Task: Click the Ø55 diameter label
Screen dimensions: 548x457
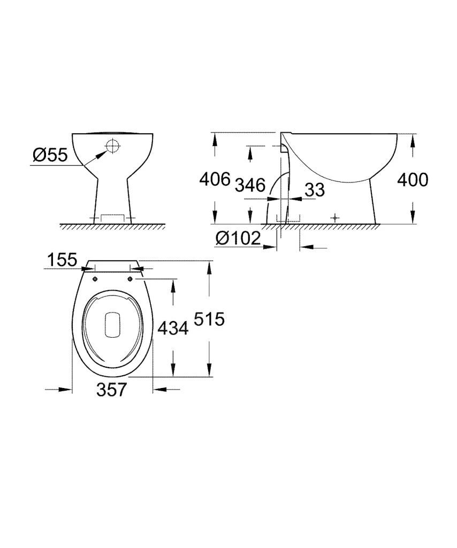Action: pyautogui.click(x=50, y=155)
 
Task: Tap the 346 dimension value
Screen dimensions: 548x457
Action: pyautogui.click(x=250, y=185)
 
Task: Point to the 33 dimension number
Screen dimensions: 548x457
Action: pyautogui.click(x=314, y=189)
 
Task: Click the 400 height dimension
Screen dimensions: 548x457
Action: pyautogui.click(x=413, y=180)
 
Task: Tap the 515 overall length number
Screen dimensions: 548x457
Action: pyautogui.click(x=208, y=319)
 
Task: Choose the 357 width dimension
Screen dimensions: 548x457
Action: pyautogui.click(x=112, y=390)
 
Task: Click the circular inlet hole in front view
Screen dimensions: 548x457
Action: pyautogui.click(x=113, y=146)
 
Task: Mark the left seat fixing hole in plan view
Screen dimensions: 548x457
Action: pyautogui.click(x=95, y=279)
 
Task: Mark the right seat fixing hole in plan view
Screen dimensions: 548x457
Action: pyautogui.click(x=131, y=279)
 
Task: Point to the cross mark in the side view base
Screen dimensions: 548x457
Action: pyautogui.click(x=335, y=218)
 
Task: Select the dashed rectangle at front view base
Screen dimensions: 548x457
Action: pyautogui.click(x=112, y=218)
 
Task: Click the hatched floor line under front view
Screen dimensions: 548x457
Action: pyautogui.click(x=112, y=226)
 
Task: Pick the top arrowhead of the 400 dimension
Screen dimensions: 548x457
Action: pyautogui.click(x=413, y=140)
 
